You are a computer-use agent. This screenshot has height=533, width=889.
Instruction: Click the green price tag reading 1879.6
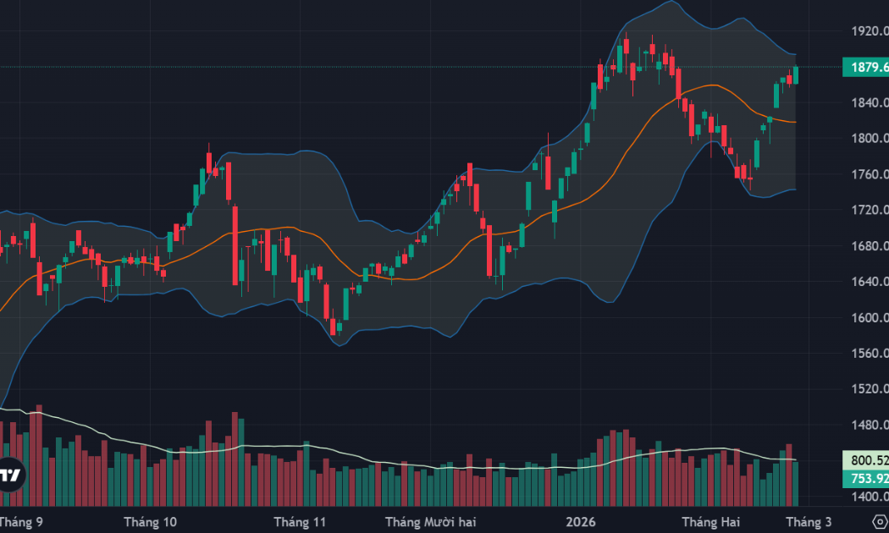865,68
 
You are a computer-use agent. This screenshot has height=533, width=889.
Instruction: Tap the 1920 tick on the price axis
870,31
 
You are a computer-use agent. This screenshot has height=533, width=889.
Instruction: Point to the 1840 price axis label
870,103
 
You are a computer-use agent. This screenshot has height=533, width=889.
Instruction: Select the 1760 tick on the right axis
870,175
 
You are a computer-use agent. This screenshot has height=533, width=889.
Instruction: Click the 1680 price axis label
870,246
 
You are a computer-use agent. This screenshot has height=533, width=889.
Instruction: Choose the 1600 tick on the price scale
870,318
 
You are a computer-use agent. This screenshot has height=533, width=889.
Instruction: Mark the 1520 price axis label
870,389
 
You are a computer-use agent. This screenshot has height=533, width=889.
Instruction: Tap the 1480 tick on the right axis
870,426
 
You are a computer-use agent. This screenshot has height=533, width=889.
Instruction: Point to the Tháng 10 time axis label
150,521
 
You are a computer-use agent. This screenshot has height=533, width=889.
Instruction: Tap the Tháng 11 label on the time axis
301,521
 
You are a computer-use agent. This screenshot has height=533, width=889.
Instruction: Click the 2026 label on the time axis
581,521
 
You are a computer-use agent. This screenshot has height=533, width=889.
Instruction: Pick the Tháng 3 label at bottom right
808,521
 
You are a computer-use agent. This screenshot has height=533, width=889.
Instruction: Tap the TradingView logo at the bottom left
10,475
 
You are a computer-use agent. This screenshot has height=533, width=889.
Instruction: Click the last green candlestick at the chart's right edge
796,75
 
